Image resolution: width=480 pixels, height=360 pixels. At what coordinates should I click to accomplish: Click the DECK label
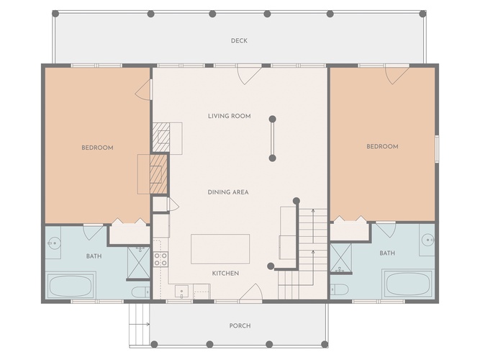(x=239, y=41)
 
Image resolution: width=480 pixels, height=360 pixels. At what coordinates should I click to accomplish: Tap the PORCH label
(x=240, y=325)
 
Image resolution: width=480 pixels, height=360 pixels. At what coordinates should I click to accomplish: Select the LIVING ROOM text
(x=230, y=116)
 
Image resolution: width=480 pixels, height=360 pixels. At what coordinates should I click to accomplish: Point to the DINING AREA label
(x=228, y=192)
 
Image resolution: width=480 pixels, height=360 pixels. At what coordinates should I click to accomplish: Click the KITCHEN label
(x=226, y=274)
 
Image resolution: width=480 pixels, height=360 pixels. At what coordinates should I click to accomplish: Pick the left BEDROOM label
(x=97, y=148)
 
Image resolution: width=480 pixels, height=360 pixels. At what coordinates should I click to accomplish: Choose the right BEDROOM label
(x=382, y=146)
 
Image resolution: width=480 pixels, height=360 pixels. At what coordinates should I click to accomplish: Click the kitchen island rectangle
(x=220, y=249)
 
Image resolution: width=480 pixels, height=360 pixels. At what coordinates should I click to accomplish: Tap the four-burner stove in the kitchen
(x=160, y=259)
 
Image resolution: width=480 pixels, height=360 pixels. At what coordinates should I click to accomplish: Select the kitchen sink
(x=181, y=291)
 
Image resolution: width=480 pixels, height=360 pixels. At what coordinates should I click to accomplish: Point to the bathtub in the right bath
(x=409, y=284)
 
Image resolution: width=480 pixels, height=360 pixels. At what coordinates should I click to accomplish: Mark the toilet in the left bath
(x=140, y=292)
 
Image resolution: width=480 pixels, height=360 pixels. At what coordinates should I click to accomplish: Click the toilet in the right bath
(x=339, y=289)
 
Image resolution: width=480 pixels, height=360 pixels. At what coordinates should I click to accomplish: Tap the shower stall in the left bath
(x=139, y=263)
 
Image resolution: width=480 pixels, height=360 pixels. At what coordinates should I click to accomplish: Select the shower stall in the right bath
(x=341, y=257)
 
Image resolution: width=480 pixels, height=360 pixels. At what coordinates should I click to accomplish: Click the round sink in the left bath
(x=55, y=243)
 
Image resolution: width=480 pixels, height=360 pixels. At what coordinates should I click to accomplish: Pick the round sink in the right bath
(x=427, y=240)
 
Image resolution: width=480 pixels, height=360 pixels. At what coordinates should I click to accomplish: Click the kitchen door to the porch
(x=250, y=292)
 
